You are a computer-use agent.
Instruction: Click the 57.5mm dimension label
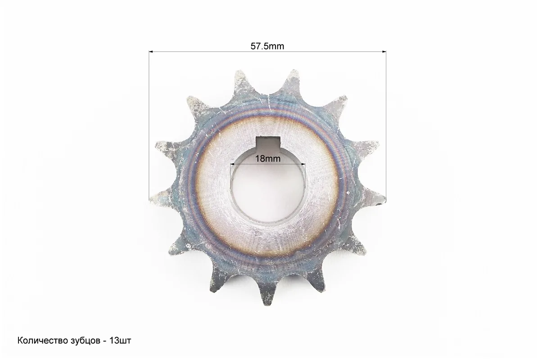267,46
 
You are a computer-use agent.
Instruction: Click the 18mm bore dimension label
267,159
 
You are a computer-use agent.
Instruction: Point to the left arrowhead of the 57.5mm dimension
151,52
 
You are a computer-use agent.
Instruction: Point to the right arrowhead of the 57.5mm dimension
384,52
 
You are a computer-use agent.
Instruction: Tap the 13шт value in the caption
120,341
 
